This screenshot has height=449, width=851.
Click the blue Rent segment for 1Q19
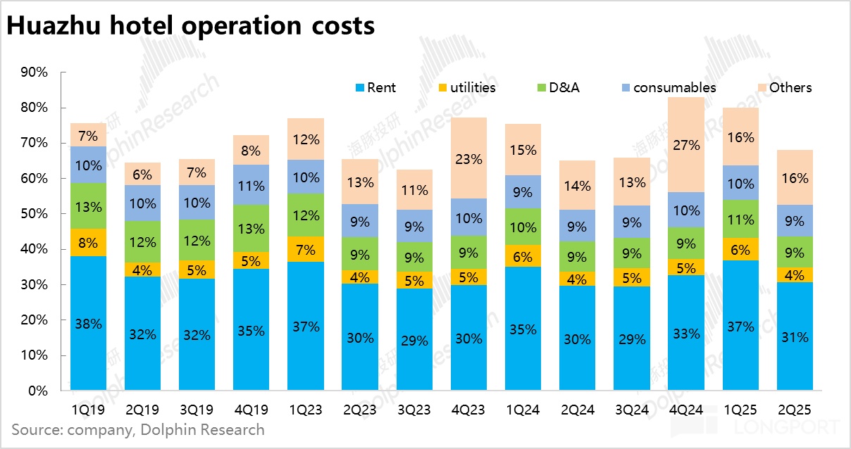coord(88,323)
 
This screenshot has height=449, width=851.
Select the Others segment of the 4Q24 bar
coord(686,145)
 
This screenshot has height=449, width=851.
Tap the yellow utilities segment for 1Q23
coord(306,249)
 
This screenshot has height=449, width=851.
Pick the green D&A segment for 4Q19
coord(251,229)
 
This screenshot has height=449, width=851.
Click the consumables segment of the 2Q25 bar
coord(795,220)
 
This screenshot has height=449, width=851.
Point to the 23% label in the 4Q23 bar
coord(469,158)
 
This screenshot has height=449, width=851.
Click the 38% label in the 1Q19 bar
coord(88,324)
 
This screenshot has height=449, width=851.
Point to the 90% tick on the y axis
coord(35,72)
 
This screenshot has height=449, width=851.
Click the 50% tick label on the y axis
coord(35,214)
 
